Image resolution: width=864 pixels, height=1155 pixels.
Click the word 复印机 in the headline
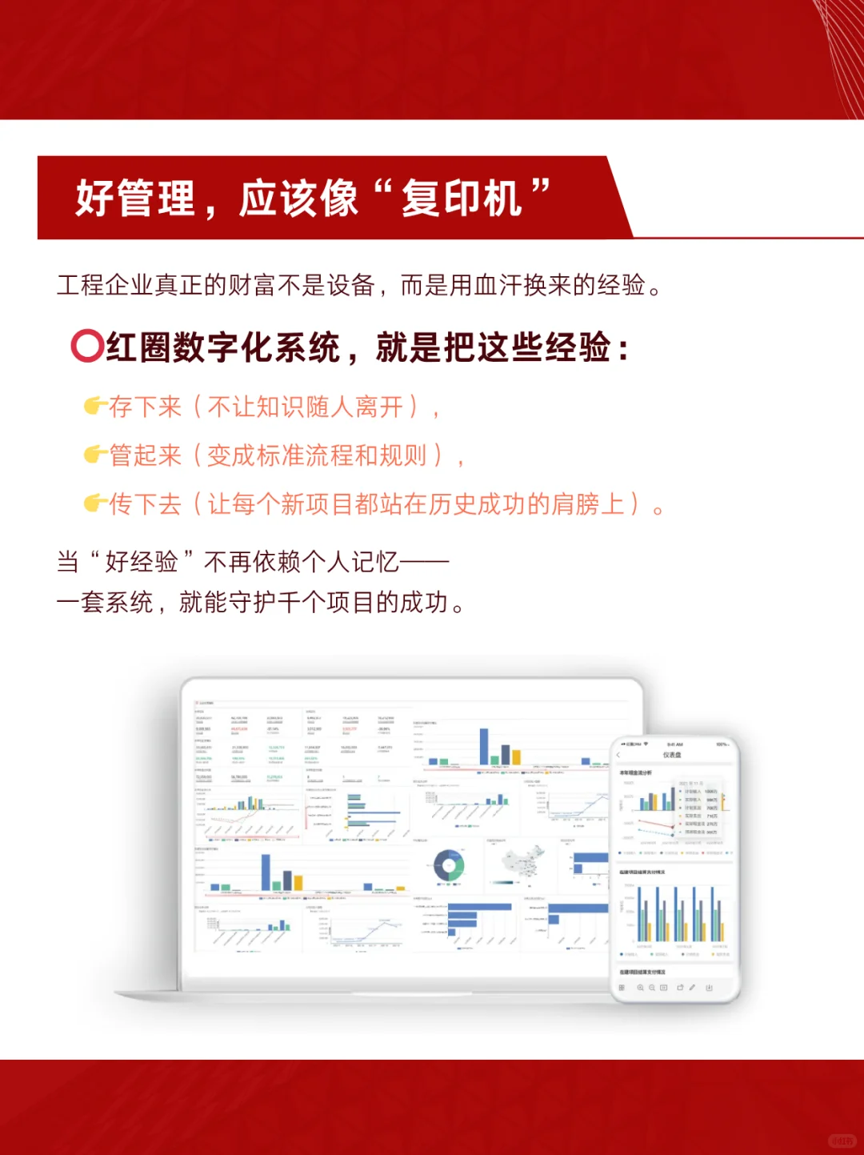[462, 199]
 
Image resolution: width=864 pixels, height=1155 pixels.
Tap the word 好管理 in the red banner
[135, 199]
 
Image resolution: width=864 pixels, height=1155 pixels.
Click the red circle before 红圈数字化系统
[86, 347]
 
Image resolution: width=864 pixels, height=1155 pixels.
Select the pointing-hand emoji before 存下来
[95, 406]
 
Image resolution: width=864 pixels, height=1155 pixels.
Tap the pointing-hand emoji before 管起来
[95, 455]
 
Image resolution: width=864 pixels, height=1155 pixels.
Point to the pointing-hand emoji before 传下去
[95, 503]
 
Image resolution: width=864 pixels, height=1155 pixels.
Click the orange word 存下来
[146, 407]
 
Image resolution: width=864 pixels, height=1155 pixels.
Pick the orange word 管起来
[146, 455]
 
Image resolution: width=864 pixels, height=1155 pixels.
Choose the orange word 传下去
[146, 504]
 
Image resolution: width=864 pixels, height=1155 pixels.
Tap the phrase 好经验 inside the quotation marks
[141, 562]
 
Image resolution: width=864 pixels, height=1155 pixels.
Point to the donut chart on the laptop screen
[449, 865]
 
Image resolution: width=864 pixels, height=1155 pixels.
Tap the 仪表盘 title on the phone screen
[672, 755]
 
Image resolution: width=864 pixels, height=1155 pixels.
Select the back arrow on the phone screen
[618, 755]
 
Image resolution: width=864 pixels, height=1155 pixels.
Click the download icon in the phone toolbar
[709, 989]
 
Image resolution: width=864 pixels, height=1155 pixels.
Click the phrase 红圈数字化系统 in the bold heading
[223, 347]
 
